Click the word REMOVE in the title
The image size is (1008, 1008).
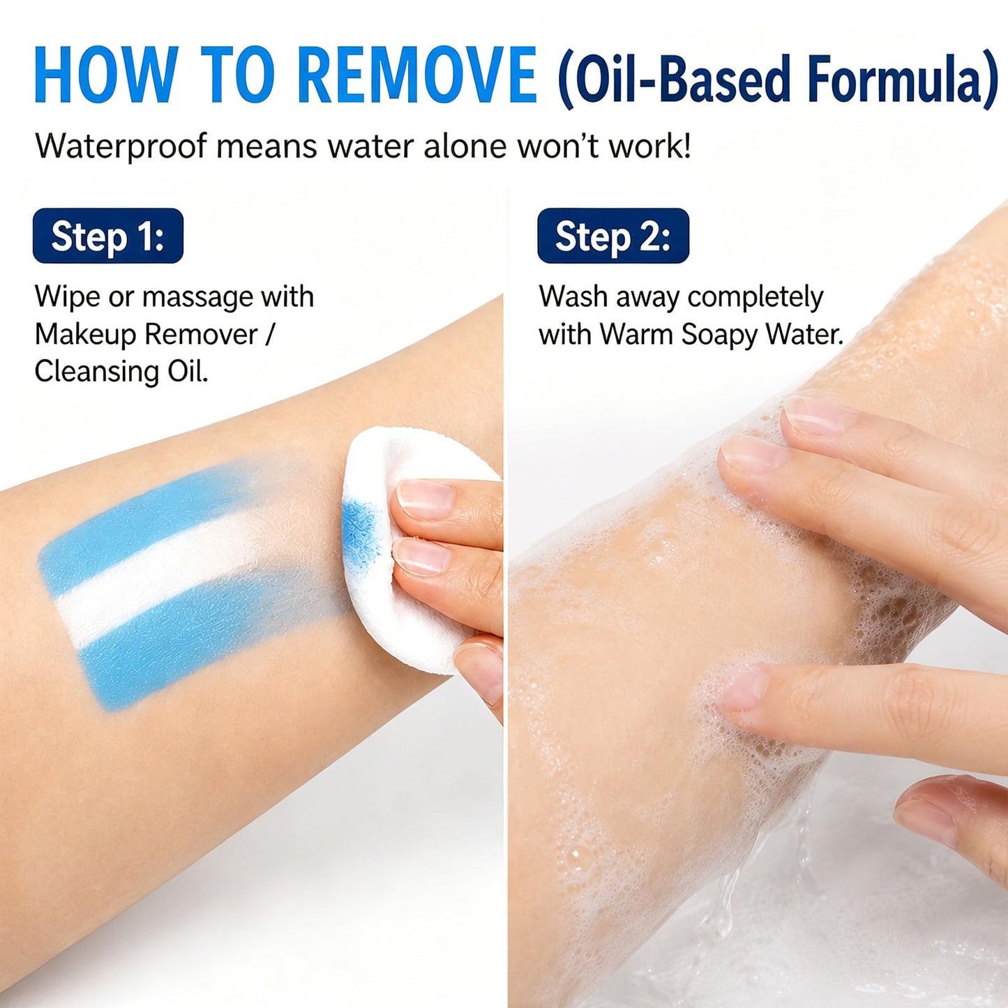[419, 74]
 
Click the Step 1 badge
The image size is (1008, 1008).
[108, 236]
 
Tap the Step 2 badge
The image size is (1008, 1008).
[613, 236]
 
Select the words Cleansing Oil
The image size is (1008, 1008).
[121, 372]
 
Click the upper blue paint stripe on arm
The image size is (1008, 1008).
[151, 513]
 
